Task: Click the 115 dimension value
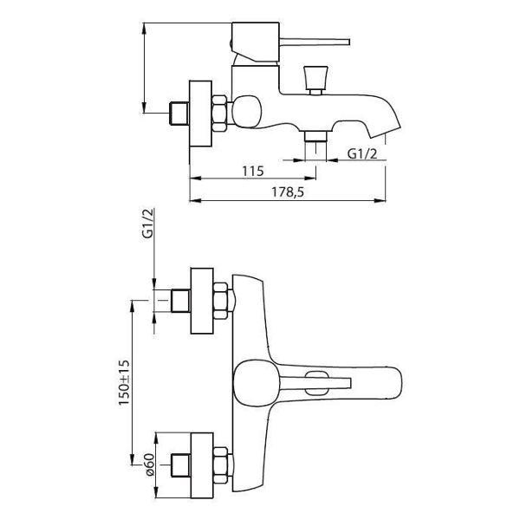click(253, 171)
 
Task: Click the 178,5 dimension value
click(288, 192)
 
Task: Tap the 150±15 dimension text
click(124, 382)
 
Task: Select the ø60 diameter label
click(149, 465)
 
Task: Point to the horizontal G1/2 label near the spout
click(362, 153)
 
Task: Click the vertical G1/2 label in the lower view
click(148, 224)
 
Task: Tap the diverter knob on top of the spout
click(315, 81)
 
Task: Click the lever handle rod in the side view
click(314, 42)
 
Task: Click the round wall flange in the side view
click(200, 114)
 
